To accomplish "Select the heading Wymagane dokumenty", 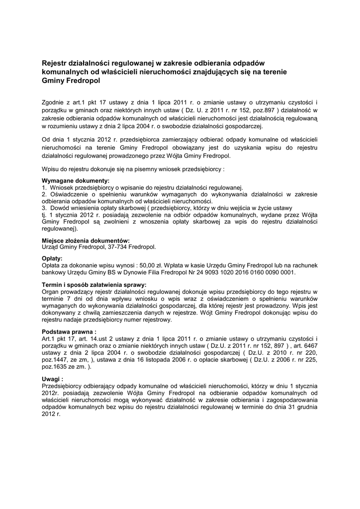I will [76, 181].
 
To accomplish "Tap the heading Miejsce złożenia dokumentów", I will [86, 240].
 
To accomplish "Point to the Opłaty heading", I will [52, 258].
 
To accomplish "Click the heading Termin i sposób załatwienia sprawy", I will [94, 284].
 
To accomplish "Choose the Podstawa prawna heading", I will [69, 331].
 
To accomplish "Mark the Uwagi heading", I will [53, 378].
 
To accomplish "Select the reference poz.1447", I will [55, 359].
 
